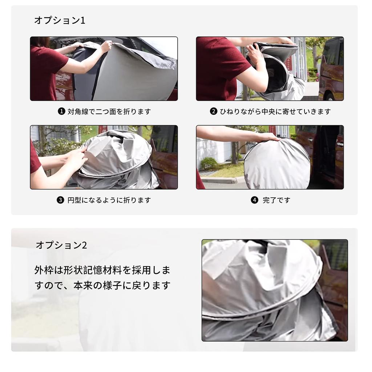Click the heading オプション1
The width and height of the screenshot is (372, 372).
(60, 20)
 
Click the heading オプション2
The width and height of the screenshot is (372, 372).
(61, 245)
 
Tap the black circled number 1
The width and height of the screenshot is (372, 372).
(61, 112)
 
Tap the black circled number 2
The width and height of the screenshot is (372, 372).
(214, 112)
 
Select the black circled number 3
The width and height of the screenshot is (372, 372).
(60, 200)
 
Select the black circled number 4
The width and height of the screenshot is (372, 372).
(255, 200)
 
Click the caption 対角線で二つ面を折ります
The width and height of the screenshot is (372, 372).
(109, 112)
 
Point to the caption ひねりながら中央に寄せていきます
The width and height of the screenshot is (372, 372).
(275, 112)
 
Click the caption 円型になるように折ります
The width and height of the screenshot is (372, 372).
(109, 200)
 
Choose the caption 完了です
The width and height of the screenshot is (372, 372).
(276, 200)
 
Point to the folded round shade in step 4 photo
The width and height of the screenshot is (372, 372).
(277, 165)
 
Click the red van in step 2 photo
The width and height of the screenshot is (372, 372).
(331, 69)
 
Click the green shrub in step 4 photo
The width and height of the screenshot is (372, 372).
(210, 163)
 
